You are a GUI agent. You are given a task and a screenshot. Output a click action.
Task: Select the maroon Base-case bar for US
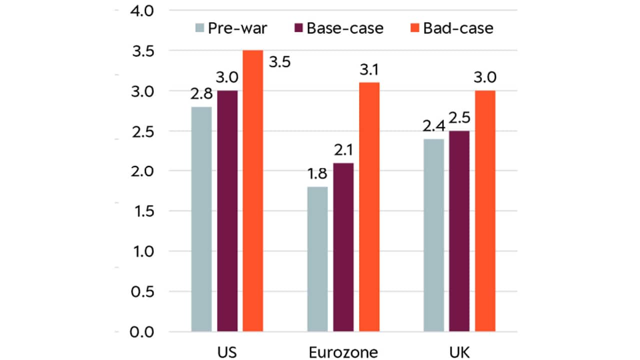(x=227, y=210)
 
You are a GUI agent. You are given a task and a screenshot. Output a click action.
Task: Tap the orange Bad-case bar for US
(x=253, y=190)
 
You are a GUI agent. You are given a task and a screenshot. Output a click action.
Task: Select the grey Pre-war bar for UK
(x=433, y=234)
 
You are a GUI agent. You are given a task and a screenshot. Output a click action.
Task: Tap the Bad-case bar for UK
(x=485, y=210)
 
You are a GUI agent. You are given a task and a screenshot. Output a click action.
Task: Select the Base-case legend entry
(x=338, y=28)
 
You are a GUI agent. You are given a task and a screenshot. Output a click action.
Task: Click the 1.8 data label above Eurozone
(x=317, y=175)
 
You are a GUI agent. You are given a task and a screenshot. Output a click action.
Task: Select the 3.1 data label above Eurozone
(x=369, y=70)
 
